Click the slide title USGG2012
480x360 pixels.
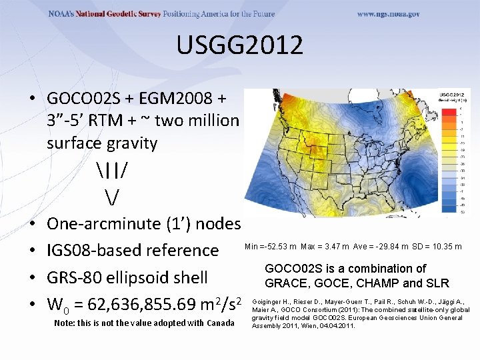(240, 46)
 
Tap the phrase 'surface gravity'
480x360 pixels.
(102, 143)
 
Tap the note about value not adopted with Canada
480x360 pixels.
(143, 323)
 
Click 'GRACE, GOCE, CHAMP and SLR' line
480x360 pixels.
(357, 283)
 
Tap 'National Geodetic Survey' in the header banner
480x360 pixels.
(121, 14)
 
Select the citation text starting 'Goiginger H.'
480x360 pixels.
(360, 317)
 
